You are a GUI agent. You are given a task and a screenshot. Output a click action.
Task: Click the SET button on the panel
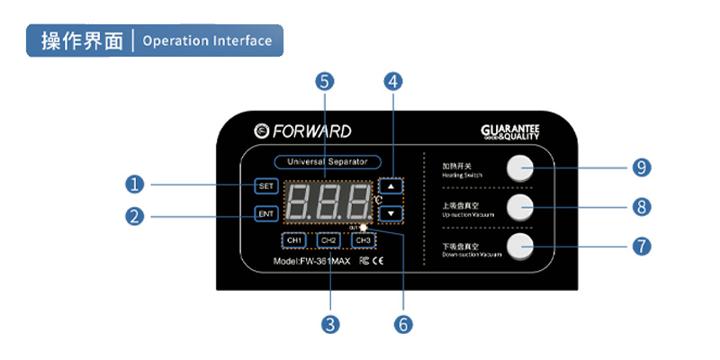[x=265, y=186]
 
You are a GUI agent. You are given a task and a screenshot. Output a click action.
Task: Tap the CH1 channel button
[x=293, y=240]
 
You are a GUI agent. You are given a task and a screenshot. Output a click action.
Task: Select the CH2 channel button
[x=328, y=240]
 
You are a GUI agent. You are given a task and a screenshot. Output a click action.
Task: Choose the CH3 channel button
[x=363, y=240]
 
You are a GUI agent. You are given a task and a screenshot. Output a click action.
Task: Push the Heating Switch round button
[x=519, y=167]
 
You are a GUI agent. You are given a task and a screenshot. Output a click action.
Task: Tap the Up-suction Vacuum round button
[x=519, y=207]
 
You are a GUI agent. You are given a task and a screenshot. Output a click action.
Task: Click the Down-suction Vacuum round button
[x=519, y=246]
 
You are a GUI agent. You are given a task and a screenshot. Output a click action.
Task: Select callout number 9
[x=642, y=167]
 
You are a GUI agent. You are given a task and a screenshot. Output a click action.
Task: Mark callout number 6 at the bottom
[x=402, y=322]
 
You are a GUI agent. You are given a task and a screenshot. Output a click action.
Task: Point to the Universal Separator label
[x=327, y=162]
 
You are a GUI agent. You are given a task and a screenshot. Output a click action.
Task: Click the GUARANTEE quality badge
[x=509, y=132]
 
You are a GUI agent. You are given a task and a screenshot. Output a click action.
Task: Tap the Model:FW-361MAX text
[x=311, y=262]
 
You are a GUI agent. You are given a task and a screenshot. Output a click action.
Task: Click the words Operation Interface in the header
[x=207, y=40]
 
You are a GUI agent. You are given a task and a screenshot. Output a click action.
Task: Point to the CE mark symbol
[x=378, y=262]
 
